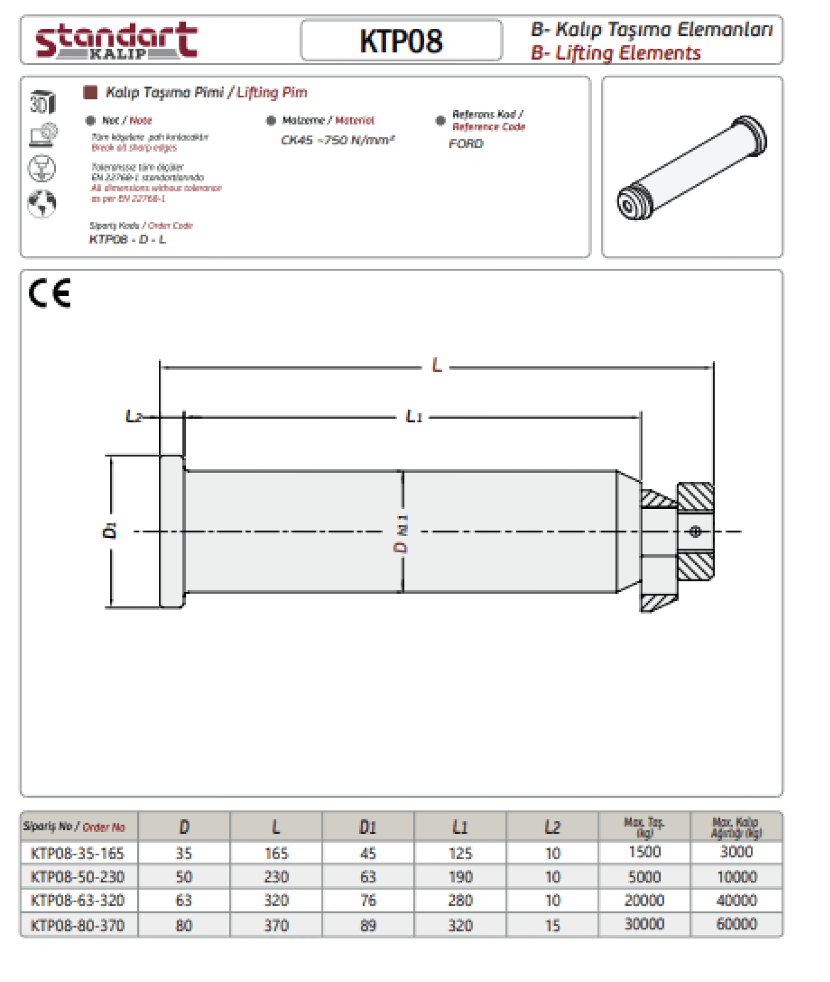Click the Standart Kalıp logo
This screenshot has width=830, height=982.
[116, 40]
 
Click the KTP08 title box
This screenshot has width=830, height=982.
[401, 40]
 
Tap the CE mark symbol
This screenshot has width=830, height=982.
[50, 293]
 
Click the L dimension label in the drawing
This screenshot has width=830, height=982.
[437, 365]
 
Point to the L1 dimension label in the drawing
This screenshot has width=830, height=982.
[414, 416]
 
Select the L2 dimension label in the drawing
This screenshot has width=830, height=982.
[134, 416]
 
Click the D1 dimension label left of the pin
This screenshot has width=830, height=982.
[110, 531]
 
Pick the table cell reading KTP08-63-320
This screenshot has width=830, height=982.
[78, 901]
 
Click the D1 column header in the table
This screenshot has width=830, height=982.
[368, 827]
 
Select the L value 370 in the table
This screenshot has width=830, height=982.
[276, 925]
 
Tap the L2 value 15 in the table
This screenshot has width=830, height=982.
[552, 925]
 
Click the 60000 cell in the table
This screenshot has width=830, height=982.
[736, 924]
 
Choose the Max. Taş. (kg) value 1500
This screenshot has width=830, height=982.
[644, 852]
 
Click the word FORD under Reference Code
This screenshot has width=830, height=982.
[466, 144]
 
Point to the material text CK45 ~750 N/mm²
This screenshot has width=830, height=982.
[338, 140]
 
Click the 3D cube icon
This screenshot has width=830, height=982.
[43, 102]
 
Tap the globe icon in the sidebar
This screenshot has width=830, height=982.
[42, 203]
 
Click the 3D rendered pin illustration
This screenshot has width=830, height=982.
[692, 167]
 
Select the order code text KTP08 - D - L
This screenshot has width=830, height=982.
[127, 240]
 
